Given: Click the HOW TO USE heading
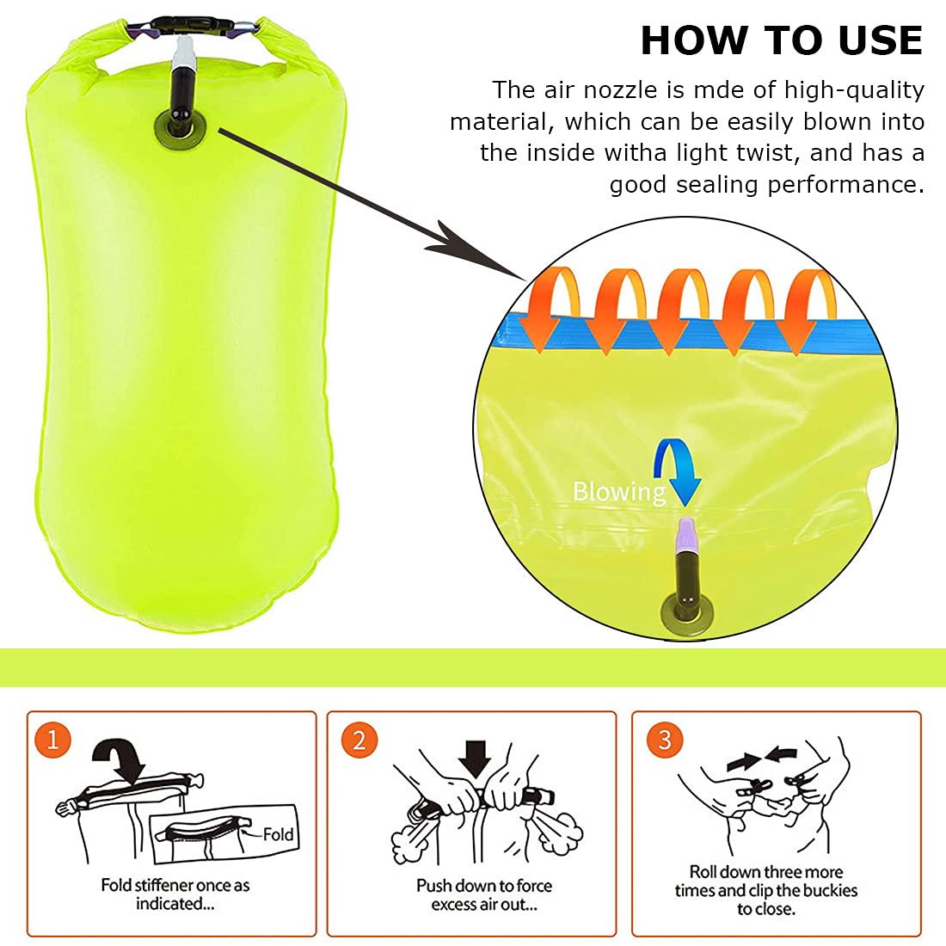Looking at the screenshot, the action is [781, 40].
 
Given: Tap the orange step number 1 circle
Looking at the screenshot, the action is [52, 740].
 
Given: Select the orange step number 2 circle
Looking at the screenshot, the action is [359, 740].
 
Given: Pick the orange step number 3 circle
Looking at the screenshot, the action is [664, 740].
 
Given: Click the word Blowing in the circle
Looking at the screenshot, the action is [619, 491].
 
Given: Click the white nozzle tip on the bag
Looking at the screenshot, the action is [183, 53].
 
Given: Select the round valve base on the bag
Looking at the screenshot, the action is [180, 128].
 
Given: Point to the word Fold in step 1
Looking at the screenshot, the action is [278, 834].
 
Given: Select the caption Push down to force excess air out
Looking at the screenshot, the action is [484, 894].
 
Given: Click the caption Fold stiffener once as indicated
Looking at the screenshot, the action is [175, 894].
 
